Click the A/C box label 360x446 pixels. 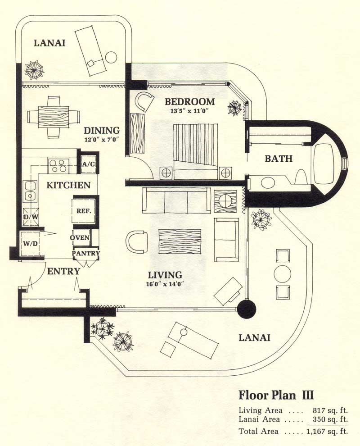coord(88,165)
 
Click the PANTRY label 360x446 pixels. coord(86,253)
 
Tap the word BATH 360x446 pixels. coord(279,159)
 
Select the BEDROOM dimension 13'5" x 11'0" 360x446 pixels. coord(189,110)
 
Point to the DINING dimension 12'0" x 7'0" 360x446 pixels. coord(101,140)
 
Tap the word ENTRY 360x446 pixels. coord(63,271)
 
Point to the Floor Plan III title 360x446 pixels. coord(275,396)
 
